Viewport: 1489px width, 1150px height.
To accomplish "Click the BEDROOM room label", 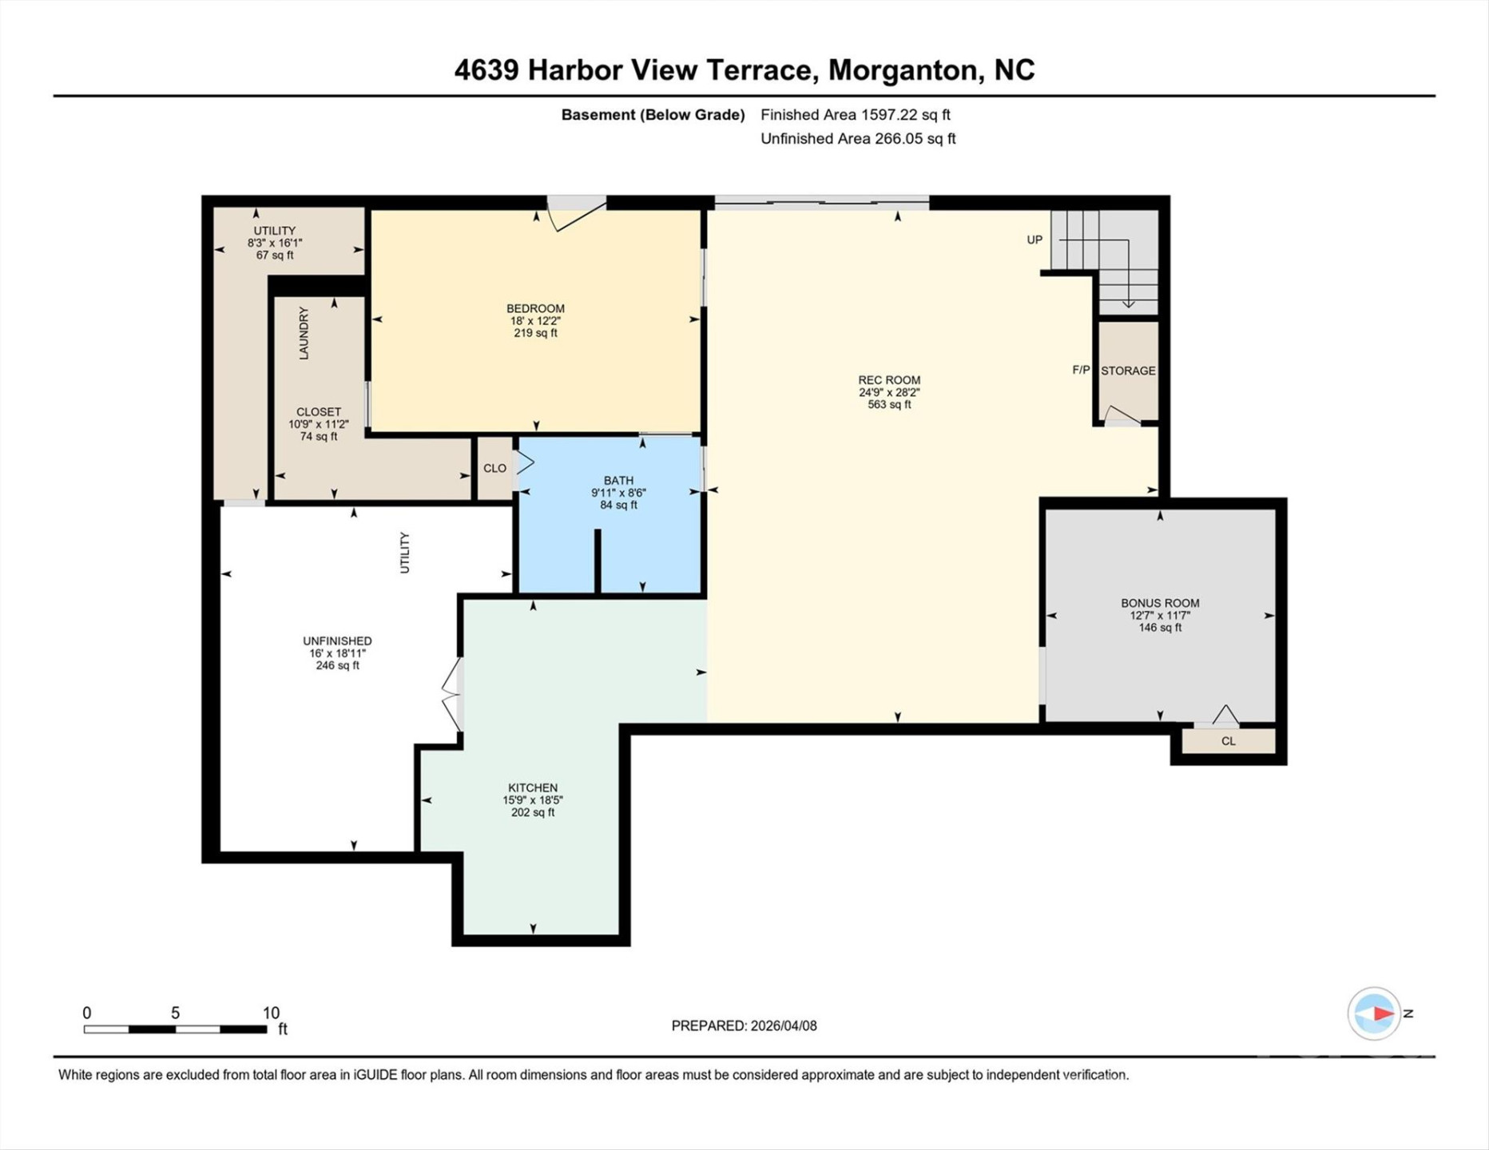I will [x=535, y=308].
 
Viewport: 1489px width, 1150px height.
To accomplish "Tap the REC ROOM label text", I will [x=889, y=380].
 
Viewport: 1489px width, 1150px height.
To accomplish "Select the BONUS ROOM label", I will [x=1159, y=603].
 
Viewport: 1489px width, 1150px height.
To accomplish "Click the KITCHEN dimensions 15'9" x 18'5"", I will [x=533, y=799].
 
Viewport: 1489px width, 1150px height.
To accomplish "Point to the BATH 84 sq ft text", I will [x=618, y=505].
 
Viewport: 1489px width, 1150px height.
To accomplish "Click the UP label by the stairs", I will [x=1034, y=240].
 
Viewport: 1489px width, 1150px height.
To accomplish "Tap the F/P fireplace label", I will [x=1080, y=370].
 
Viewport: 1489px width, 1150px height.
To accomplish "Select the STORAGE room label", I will [x=1128, y=371].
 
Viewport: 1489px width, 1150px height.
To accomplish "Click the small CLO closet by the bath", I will [x=494, y=468].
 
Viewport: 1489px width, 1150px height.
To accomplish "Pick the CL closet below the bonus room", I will [x=1228, y=741].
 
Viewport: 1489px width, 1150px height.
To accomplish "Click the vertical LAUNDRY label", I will [x=304, y=333].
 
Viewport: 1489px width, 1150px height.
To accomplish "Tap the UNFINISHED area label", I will [x=337, y=640].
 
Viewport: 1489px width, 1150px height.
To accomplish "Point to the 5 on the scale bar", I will [x=175, y=1013].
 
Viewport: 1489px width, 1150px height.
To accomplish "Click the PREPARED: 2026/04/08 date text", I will [x=744, y=1025].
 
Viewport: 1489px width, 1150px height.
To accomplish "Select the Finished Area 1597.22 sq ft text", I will [x=855, y=114].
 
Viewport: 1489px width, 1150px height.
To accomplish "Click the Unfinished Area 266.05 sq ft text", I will [x=857, y=138].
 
